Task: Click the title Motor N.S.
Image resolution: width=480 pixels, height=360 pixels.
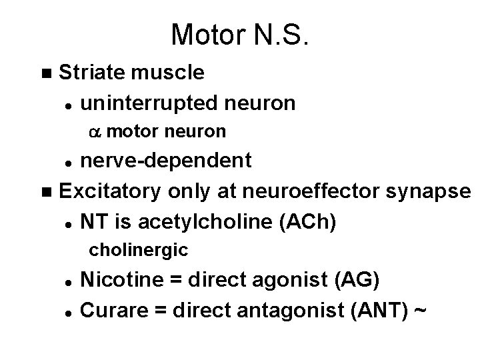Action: [240, 35]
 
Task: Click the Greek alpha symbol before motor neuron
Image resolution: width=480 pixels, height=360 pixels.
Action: [94, 132]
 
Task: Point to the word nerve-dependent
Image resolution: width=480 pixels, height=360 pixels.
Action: [165, 161]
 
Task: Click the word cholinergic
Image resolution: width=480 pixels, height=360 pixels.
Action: [138, 251]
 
